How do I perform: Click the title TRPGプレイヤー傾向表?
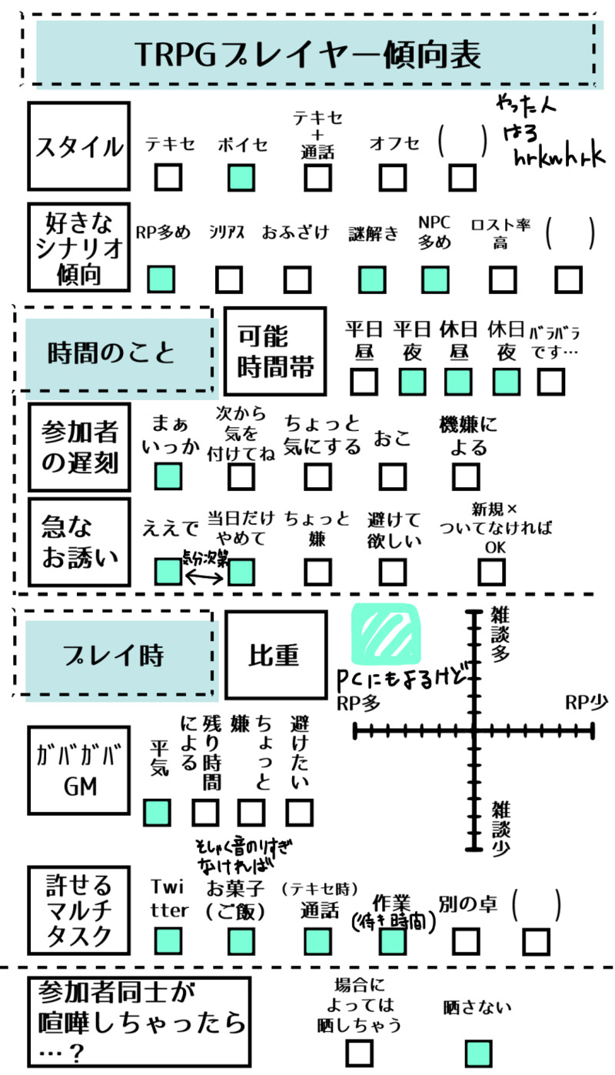point(307,55)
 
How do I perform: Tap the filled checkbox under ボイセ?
point(241,178)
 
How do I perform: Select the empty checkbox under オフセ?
point(393,178)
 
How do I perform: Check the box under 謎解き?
point(372,279)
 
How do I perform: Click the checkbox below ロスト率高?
point(502,279)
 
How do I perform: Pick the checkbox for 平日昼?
point(364,381)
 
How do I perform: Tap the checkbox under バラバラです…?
point(550,381)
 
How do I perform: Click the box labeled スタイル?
point(78,146)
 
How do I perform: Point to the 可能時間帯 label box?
point(275,350)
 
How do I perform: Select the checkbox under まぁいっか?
point(168,476)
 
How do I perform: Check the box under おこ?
point(393,476)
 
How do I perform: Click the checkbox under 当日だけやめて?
point(241,572)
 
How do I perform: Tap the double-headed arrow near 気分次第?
point(204,573)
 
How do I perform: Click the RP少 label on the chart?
point(586,702)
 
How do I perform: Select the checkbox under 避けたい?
point(300,811)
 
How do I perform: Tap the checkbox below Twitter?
point(168,940)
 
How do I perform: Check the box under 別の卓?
point(466,940)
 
